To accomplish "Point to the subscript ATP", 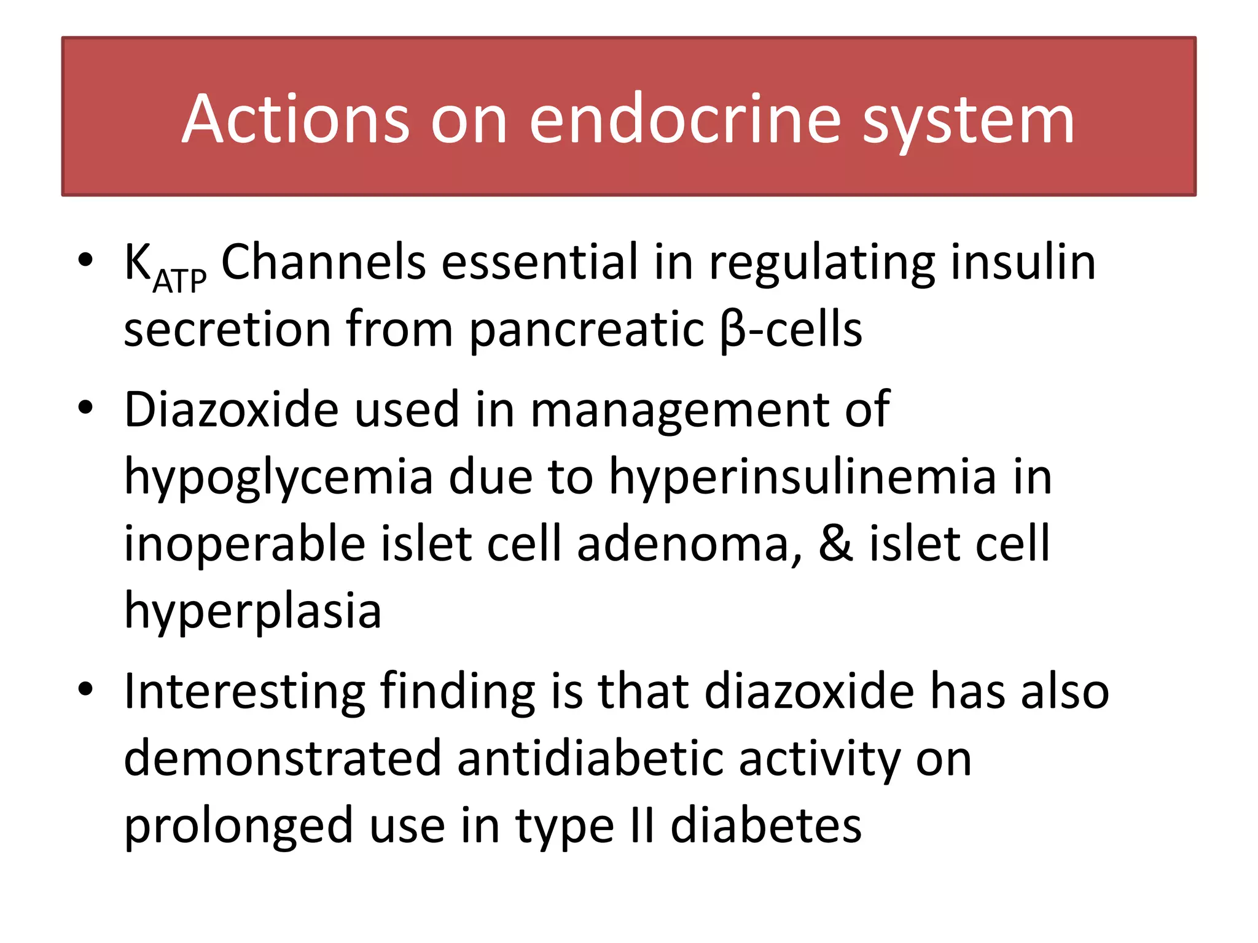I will coord(179,282).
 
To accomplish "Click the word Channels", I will coord(323,262).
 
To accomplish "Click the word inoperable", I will coord(244,545).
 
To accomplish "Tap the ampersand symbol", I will coord(836,544).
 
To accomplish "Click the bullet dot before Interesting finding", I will coord(85,689).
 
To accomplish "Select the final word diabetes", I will coord(766,826).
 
